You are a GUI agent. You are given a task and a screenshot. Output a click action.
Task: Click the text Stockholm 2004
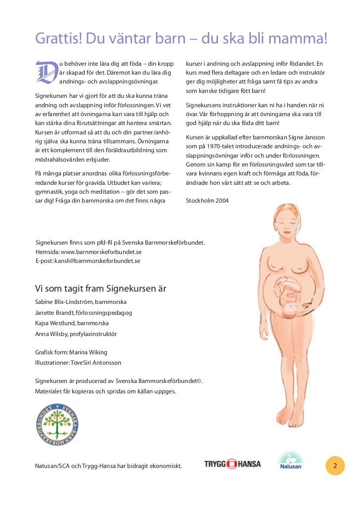coord(207,201)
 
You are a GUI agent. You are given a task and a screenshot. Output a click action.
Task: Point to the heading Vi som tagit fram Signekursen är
coord(101,289)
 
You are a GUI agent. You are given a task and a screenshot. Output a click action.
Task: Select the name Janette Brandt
coord(54,312)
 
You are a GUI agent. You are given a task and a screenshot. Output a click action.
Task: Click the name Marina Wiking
coord(89,352)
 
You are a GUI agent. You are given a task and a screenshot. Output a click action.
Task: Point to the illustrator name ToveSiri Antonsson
coord(96,363)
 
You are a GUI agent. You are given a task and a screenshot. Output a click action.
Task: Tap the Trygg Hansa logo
coord(232,464)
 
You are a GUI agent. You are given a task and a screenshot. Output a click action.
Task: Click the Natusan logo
coord(291,462)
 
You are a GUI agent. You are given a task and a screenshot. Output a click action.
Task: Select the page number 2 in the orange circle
coord(335,466)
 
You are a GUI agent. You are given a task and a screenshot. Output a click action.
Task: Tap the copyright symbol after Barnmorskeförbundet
coord(199,381)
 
